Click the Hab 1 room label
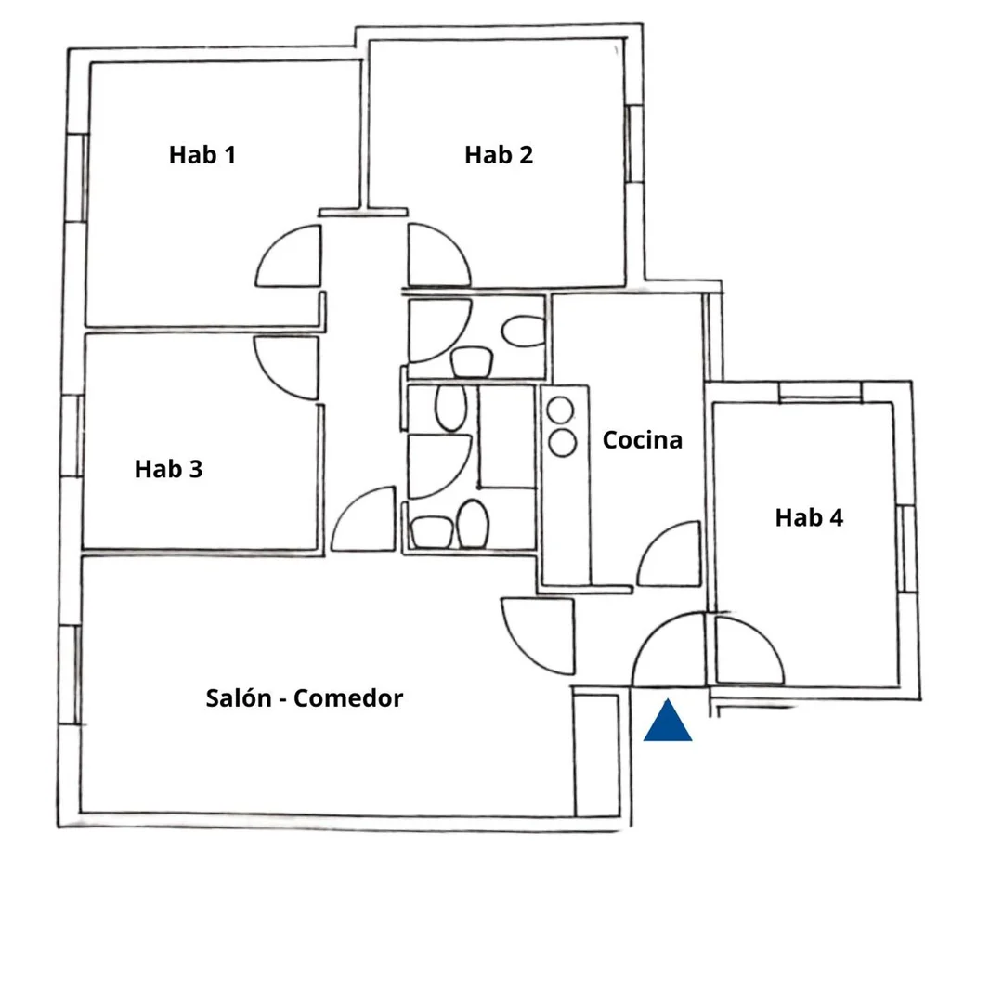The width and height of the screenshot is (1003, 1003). coord(202,155)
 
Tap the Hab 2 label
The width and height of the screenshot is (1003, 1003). coord(499,155)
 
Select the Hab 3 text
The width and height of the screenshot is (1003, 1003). coord(168,469)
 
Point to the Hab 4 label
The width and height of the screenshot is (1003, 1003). coord(809,517)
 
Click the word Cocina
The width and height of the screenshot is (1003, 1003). coord(643,440)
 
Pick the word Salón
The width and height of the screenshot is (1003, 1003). coord(239,697)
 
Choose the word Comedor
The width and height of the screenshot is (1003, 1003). coord(348,697)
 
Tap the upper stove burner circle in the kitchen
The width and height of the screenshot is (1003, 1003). coord(560,410)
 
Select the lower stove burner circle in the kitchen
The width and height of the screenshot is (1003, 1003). coord(562,443)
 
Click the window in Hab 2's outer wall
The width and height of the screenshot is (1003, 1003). coord(634,144)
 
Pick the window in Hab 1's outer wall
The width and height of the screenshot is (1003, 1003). coord(77,177)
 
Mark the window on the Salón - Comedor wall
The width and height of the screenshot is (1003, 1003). coord(70,675)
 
